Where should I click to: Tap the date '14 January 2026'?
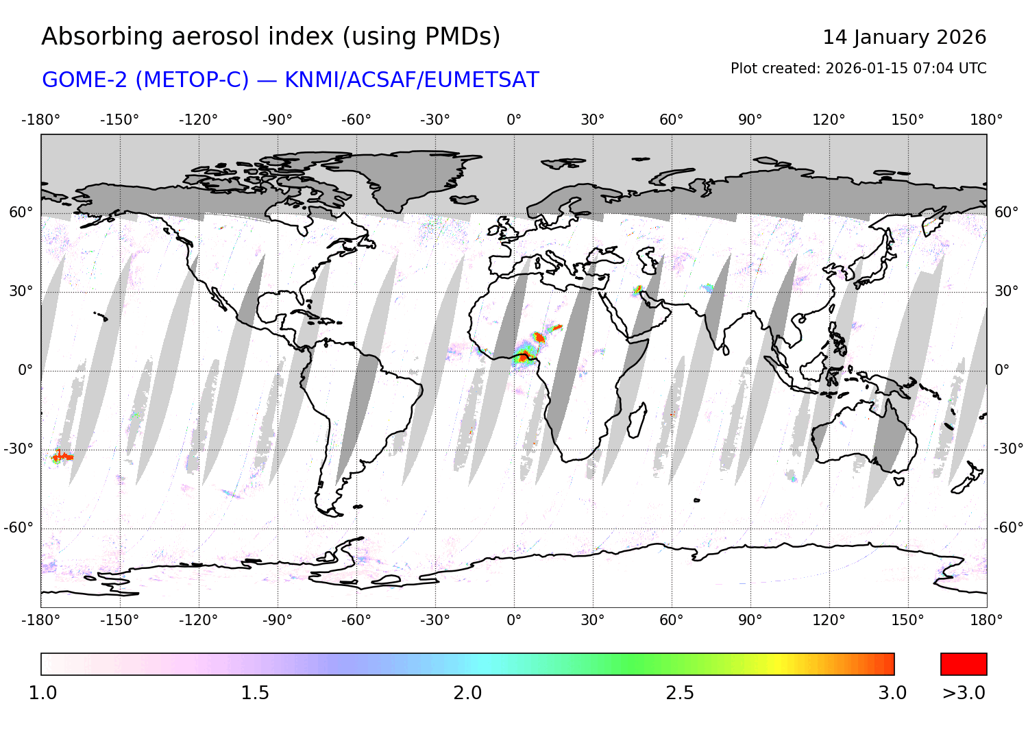[x=904, y=37]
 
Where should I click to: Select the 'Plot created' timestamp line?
[x=858, y=69]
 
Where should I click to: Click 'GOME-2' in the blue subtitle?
[x=86, y=80]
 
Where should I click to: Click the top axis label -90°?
[x=277, y=120]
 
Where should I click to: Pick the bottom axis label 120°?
[x=829, y=620]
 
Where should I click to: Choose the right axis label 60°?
[x=1006, y=212]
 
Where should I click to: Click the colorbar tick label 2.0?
[x=467, y=693]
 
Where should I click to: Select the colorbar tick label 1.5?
[x=255, y=693]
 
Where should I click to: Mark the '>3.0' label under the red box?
[x=964, y=693]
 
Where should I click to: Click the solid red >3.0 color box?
[x=964, y=664]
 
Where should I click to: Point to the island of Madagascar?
[x=637, y=419]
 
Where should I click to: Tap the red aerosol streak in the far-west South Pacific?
[x=63, y=457]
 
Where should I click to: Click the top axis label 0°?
[x=514, y=120]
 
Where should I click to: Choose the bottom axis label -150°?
[x=119, y=620]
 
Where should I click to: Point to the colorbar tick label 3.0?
[x=892, y=693]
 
